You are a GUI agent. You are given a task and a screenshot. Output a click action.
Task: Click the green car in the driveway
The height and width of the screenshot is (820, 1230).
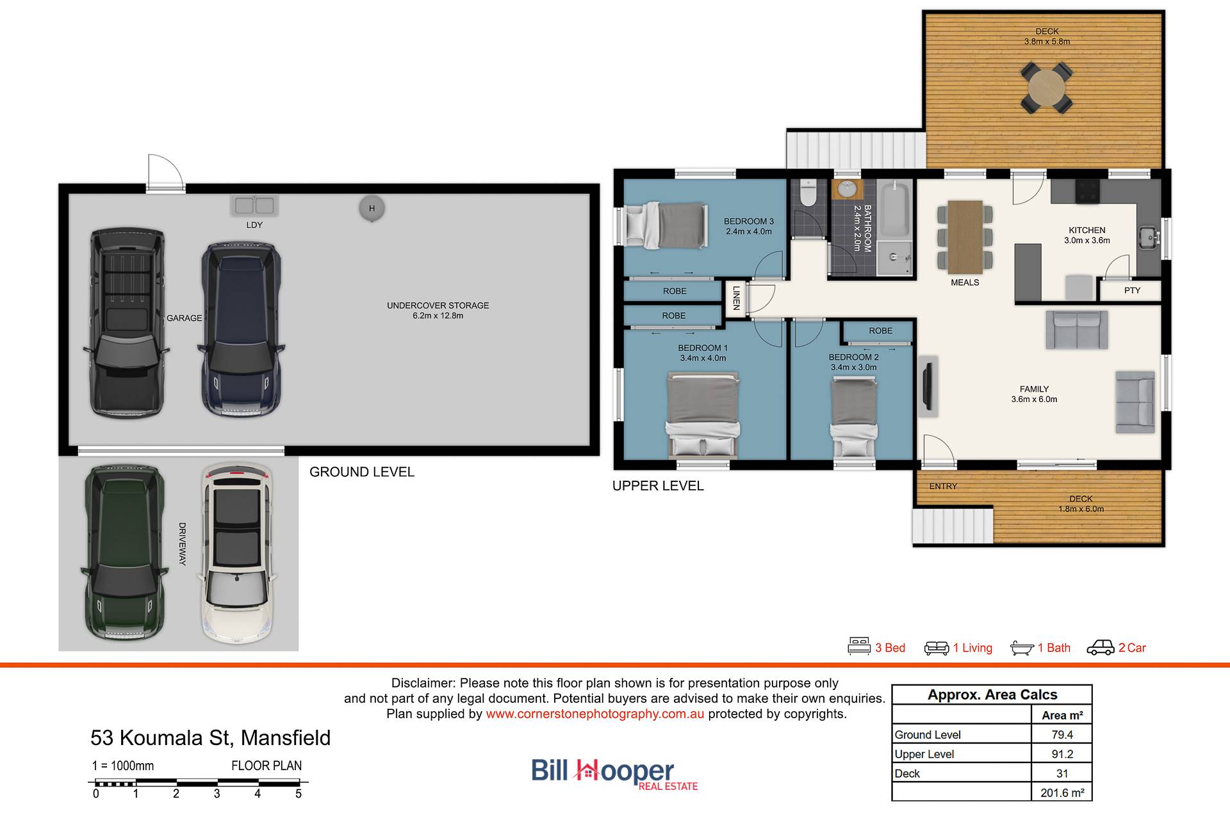(123, 552)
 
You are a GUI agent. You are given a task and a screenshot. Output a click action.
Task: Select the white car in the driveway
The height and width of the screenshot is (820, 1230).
(237, 552)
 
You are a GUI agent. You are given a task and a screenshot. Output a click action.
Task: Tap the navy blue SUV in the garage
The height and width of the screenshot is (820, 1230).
(242, 330)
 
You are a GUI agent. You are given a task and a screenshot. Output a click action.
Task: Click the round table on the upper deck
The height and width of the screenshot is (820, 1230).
(1046, 87)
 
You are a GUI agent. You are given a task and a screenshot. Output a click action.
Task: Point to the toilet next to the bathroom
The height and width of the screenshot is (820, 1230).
(808, 193)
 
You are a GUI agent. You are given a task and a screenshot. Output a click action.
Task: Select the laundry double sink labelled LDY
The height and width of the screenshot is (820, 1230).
(254, 205)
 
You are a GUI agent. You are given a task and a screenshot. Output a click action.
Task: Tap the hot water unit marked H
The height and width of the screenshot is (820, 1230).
(372, 209)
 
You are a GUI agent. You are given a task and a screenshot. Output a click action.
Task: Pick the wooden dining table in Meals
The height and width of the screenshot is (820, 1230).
(965, 237)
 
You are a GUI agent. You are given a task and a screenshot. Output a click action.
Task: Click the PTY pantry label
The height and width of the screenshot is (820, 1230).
(1132, 291)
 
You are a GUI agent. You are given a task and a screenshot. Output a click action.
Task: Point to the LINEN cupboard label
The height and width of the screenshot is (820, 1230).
(737, 298)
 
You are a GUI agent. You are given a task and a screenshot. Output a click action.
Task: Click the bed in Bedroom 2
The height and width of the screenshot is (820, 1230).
(855, 416)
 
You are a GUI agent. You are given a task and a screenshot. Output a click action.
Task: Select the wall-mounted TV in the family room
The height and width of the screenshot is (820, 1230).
(927, 386)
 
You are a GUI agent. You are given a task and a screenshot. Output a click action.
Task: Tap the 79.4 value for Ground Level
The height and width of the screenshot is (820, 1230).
(1062, 735)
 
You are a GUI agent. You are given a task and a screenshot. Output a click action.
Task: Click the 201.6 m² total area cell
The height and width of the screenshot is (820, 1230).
(1062, 792)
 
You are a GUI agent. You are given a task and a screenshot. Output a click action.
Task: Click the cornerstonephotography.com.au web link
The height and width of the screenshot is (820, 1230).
(595, 714)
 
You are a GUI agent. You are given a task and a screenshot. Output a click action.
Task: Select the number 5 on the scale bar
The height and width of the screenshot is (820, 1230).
(299, 794)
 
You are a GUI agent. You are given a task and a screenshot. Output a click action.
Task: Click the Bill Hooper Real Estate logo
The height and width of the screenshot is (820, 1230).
(614, 775)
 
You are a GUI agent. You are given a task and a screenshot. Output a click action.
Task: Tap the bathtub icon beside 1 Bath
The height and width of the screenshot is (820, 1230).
(1022, 648)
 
